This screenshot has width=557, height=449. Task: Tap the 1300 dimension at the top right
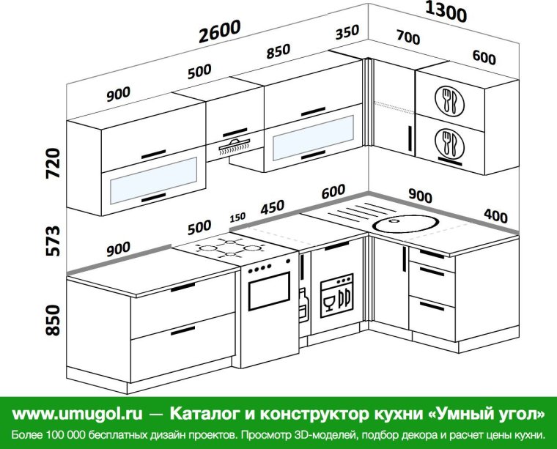pos(446,12)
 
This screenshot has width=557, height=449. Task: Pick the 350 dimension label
pos(347,33)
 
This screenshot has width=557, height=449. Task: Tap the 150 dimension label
pos(237,218)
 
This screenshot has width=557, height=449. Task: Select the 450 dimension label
pos(272,207)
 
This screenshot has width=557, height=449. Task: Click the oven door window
pos(270,294)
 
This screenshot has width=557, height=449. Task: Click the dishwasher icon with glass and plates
pos(336,295)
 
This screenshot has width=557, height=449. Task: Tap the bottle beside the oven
pos(303,305)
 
